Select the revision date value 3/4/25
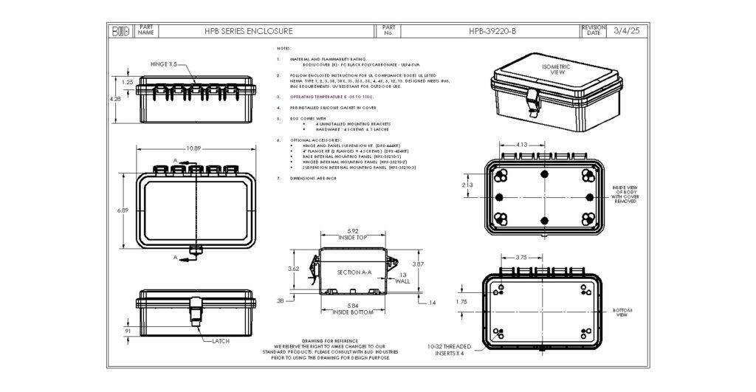pyautogui.click(x=625, y=31)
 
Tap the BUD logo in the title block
pyautogui.click(x=120, y=31)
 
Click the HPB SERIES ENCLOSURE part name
pyautogui.click(x=248, y=31)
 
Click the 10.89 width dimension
pyautogui.click(x=194, y=148)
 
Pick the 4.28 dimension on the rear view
pyautogui.click(x=114, y=98)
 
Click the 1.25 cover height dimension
pyautogui.click(x=127, y=82)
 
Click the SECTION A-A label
pyautogui.click(x=353, y=272)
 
